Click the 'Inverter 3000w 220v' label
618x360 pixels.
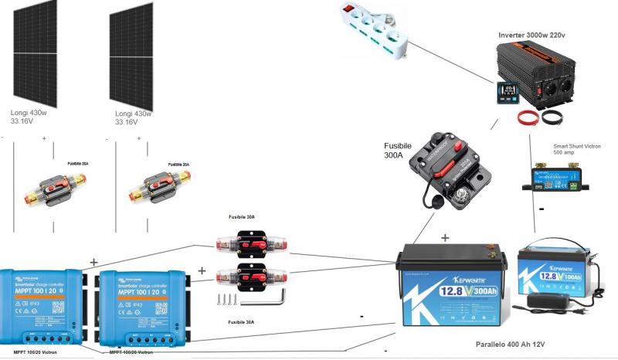531,35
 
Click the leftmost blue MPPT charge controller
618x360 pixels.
40,306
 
